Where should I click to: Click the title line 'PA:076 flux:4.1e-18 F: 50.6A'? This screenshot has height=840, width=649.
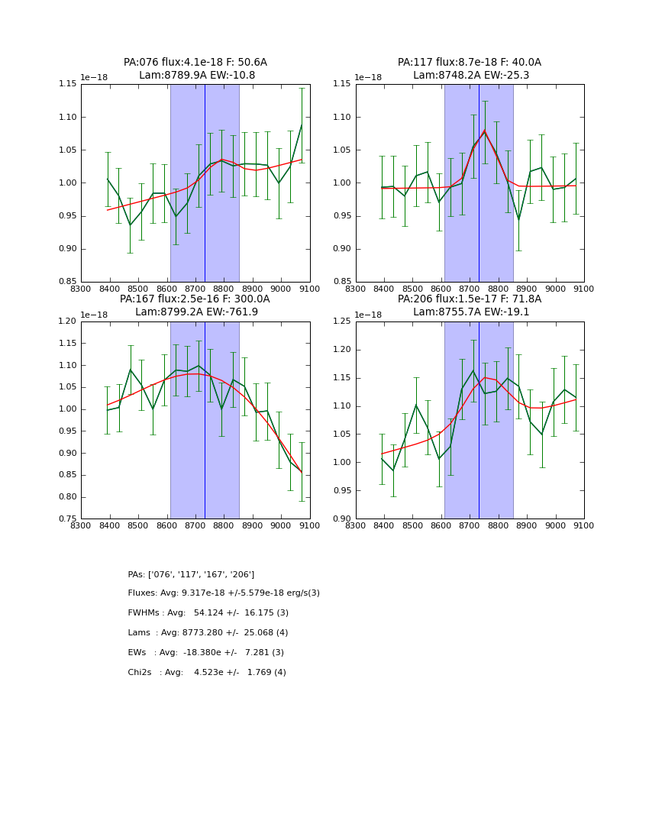coord(195,63)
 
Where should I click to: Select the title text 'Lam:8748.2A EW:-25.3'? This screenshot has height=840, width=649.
coord(470,76)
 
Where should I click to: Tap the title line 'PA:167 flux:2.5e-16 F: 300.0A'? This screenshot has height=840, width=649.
coord(195,299)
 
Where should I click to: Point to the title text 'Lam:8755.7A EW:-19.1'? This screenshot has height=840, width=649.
coord(470,312)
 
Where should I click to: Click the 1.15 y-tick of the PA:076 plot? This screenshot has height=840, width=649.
coord(68,84)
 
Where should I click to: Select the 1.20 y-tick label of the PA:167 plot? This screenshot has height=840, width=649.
coord(68,321)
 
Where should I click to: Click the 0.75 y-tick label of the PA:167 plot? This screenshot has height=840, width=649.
coord(68,519)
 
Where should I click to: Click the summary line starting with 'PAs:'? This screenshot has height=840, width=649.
coord(191,574)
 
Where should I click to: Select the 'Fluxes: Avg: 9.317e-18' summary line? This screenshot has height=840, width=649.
coord(224,593)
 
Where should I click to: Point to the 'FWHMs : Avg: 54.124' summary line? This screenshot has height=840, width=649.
coord(208,613)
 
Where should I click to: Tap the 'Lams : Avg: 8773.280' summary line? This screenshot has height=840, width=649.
coord(208,633)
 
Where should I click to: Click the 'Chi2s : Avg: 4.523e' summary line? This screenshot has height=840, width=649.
coord(207,673)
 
